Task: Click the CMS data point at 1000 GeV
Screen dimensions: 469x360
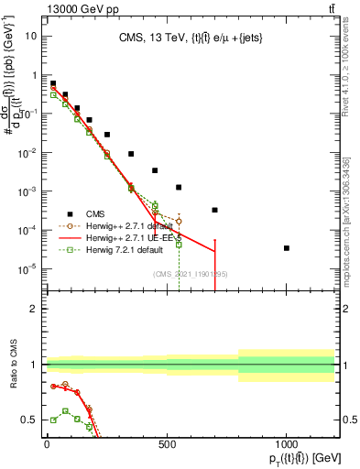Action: (287, 248)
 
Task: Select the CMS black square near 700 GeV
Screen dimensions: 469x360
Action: (214, 210)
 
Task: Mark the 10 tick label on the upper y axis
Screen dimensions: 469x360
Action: (30, 37)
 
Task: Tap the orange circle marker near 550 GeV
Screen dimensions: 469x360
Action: (179, 222)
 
